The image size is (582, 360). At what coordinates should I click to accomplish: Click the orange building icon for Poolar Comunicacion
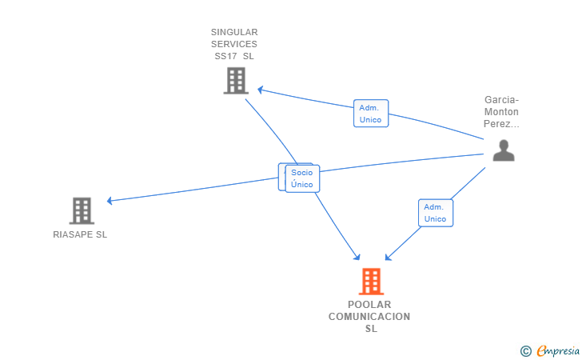370,282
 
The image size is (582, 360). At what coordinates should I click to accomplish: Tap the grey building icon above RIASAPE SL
82,210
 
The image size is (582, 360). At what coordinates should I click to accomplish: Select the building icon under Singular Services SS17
236,81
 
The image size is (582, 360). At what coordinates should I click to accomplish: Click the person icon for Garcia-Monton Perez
503,150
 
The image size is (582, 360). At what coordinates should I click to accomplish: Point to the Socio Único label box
302,178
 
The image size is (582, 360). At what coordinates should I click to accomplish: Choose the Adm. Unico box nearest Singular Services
371,114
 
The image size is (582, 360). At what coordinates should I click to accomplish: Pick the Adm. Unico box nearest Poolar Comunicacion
436,213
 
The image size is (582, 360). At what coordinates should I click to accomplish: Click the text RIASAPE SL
80,234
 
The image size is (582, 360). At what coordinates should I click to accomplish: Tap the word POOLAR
369,305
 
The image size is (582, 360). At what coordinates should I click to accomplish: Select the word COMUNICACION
369,317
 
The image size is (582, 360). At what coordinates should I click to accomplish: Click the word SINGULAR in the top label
234,32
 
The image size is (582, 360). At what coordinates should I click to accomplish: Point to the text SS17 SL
234,56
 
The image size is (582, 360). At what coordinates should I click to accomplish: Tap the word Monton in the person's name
501,112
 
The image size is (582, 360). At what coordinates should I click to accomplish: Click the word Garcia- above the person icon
501,100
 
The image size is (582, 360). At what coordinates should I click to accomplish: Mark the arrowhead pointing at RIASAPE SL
110,200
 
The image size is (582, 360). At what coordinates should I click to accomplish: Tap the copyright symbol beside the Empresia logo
525,350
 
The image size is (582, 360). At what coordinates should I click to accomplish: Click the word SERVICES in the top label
234,44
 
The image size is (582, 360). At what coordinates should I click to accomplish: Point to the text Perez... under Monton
501,124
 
